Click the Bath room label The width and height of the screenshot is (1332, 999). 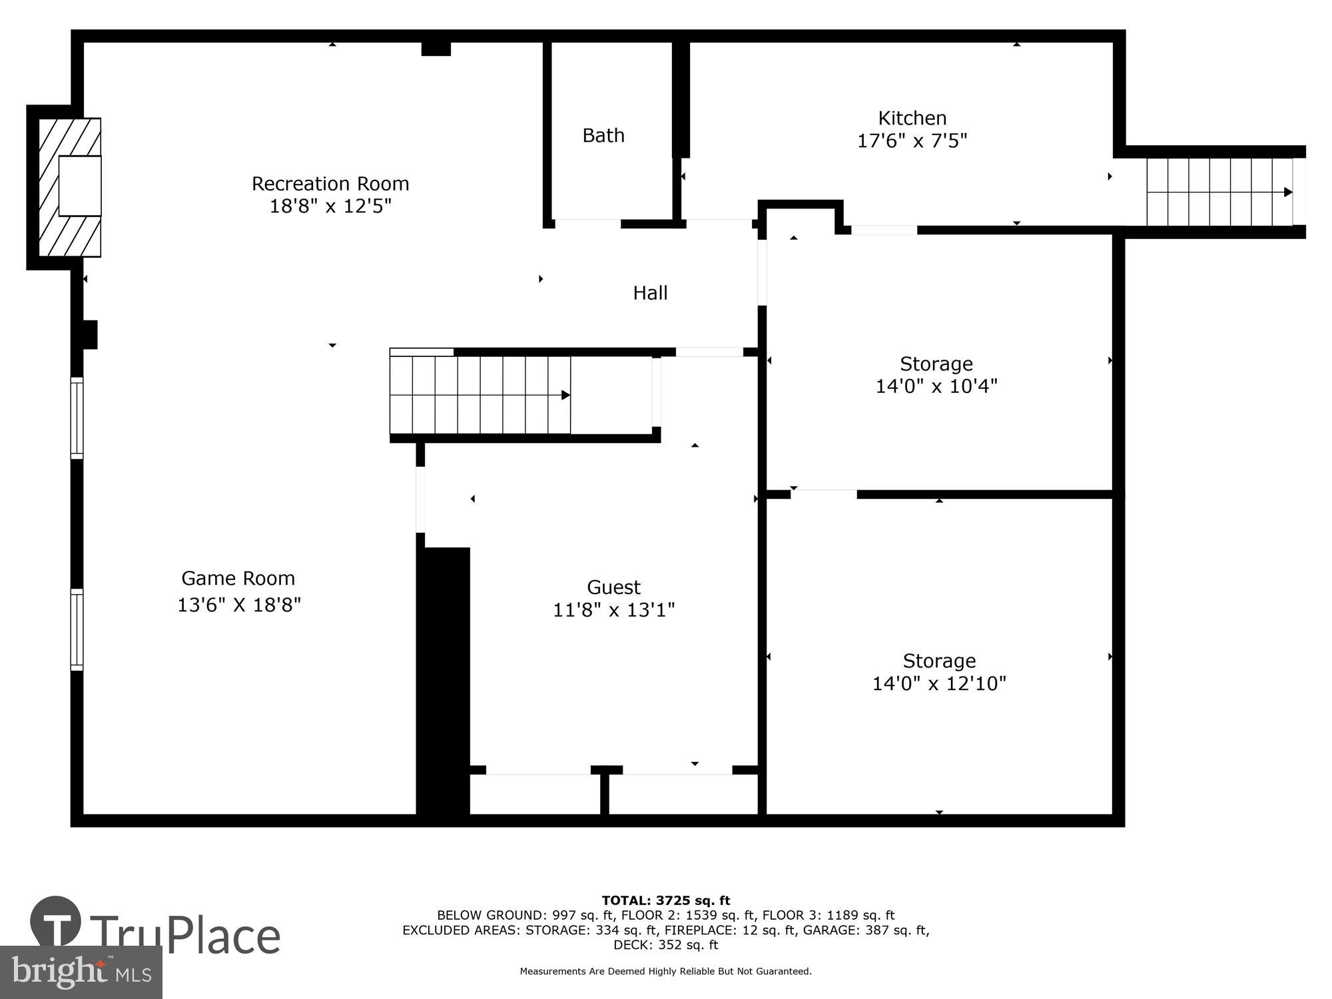pyautogui.click(x=603, y=135)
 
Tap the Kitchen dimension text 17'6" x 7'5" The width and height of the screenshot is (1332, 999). pyautogui.click(x=912, y=141)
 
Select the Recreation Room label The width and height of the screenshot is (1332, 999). pyautogui.click(x=330, y=183)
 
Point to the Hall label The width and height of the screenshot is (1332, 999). pyautogui.click(x=650, y=292)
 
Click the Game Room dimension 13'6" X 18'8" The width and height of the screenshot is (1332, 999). pyautogui.click(x=239, y=605)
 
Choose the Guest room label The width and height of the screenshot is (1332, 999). pyautogui.click(x=613, y=587)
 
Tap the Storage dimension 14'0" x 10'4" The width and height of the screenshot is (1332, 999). pyautogui.click(x=936, y=386)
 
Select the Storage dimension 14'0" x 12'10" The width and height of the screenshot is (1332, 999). pyautogui.click(x=939, y=683)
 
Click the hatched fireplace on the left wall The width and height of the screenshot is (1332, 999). pyautogui.click(x=69, y=187)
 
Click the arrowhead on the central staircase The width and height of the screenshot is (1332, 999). pyautogui.click(x=565, y=395)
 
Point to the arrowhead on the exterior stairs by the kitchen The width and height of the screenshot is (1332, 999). pyautogui.click(x=1288, y=192)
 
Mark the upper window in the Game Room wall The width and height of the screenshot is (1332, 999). pyautogui.click(x=77, y=418)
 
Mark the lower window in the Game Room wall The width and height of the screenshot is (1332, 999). pyautogui.click(x=77, y=629)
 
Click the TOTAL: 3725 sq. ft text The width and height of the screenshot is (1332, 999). pyautogui.click(x=666, y=900)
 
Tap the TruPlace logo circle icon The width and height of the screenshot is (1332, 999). pyautogui.click(x=56, y=922)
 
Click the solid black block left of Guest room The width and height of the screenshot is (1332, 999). pyautogui.click(x=444, y=679)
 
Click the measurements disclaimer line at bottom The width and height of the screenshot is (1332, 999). pyautogui.click(x=665, y=971)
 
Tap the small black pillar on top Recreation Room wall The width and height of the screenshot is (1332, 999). pyautogui.click(x=436, y=49)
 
